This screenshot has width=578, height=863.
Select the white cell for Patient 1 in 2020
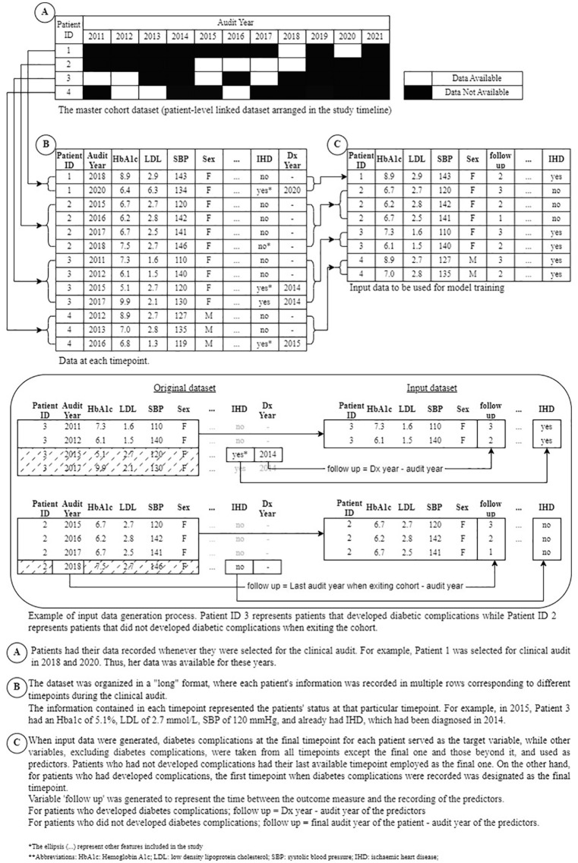[346, 50]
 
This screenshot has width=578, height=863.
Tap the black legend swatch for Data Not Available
[417, 92]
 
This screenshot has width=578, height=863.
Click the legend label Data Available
[476, 77]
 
